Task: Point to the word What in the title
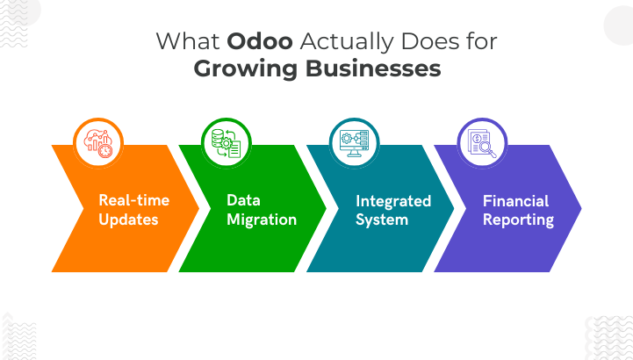pos(187,41)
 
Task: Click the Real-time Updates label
pos(133,209)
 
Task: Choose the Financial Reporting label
pos(518,209)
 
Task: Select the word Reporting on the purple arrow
pos(518,219)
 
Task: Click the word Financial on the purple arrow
pos(515,200)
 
